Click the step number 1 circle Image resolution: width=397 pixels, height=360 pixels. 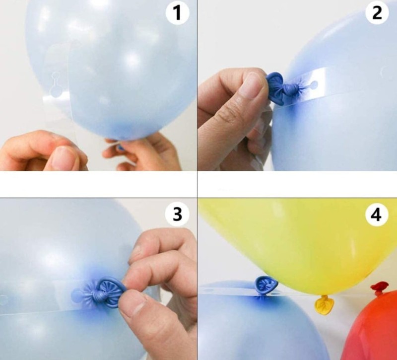(178, 13)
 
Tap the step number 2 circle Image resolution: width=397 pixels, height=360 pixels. (377, 13)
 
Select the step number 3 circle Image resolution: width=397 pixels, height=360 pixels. (177, 214)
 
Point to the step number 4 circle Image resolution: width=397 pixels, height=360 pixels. (377, 215)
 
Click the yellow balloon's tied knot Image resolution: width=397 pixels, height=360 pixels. (324, 305)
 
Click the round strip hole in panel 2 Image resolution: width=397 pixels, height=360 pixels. (314, 84)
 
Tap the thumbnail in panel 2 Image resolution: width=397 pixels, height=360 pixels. (253, 85)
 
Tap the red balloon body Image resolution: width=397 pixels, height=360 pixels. (372, 329)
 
